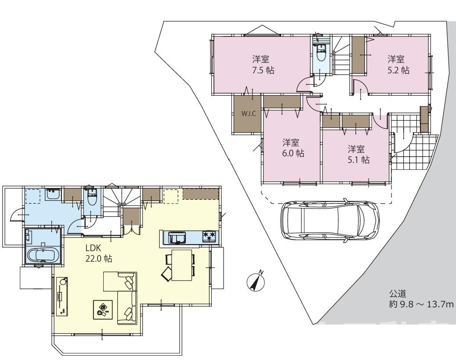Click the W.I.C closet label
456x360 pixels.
pyautogui.click(x=249, y=114)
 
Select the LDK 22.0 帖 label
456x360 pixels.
pyautogui.click(x=98, y=253)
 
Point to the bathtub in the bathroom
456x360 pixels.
pyautogui.click(x=43, y=255)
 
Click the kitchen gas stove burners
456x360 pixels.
pyautogui.click(x=210, y=236)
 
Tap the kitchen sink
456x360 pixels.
pyautogui.click(x=177, y=236)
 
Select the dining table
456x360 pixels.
pyautogui.click(x=182, y=265)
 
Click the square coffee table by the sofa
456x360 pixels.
pyautogui.click(x=103, y=310)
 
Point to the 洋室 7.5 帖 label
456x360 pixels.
pyautogui.click(x=263, y=65)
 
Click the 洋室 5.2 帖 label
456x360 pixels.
pyautogui.click(x=398, y=65)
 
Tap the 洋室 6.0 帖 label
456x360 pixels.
pyautogui.click(x=293, y=148)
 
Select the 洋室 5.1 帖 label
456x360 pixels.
pyautogui.click(x=358, y=154)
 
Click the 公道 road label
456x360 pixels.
pyautogui.click(x=398, y=294)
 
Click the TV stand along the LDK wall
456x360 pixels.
pyautogui.click(x=62, y=296)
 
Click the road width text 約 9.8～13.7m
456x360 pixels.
pyautogui.click(x=422, y=304)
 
